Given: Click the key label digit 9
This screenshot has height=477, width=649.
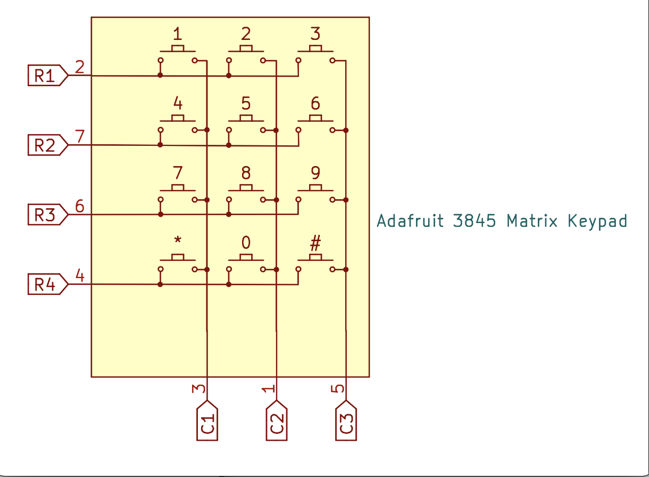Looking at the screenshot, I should (x=315, y=173).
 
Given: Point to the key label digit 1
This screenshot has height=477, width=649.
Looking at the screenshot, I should (x=177, y=35).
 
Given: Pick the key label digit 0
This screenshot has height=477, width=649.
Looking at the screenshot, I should (x=246, y=243).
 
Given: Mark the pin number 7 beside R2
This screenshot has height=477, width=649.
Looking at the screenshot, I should (x=80, y=136).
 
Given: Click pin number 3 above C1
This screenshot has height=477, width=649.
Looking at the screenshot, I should (x=198, y=389).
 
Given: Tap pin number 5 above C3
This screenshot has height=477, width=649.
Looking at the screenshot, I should (x=337, y=389).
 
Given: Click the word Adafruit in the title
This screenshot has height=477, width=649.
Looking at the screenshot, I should (x=410, y=220).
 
